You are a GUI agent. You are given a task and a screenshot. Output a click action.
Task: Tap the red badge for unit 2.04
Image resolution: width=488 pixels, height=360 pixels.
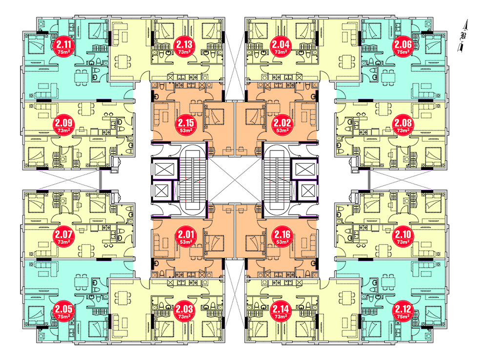[x=281, y=48]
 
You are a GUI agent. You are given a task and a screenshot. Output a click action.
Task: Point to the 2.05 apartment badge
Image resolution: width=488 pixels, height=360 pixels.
[x=63, y=312]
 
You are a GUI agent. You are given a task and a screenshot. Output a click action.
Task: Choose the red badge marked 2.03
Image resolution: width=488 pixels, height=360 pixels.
[x=184, y=312]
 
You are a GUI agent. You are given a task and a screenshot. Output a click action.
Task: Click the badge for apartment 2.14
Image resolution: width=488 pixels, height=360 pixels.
[x=281, y=312]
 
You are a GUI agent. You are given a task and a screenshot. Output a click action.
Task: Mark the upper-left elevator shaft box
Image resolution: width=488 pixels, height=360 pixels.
[x=162, y=169]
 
